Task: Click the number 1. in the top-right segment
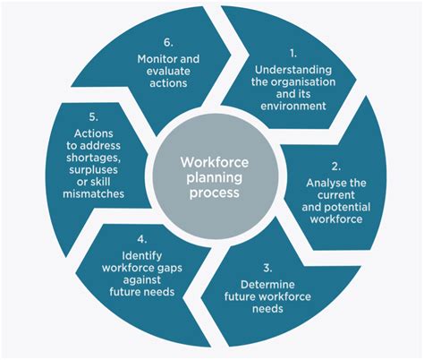click(x=293, y=54)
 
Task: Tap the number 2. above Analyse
click(x=336, y=167)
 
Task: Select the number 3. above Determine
click(x=267, y=268)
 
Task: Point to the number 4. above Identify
click(x=142, y=239)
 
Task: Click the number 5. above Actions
click(x=93, y=117)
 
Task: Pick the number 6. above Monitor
click(x=168, y=43)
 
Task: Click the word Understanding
click(x=293, y=70)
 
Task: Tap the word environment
click(x=293, y=106)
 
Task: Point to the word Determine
click(x=267, y=285)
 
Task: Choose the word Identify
click(x=142, y=256)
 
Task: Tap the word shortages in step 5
click(x=93, y=158)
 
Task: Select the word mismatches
click(x=93, y=193)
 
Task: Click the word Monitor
click(x=155, y=59)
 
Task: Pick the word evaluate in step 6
click(x=168, y=71)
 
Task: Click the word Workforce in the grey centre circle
click(x=215, y=162)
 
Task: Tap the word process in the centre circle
click(x=215, y=193)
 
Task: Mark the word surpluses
click(x=93, y=170)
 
